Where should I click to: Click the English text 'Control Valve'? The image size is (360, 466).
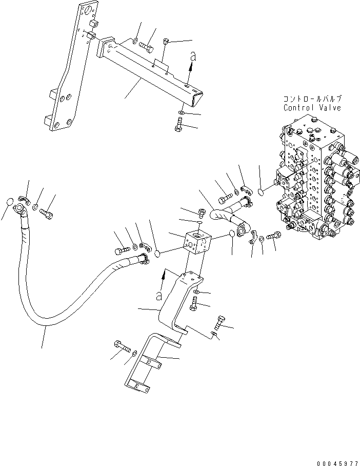tap(312, 108)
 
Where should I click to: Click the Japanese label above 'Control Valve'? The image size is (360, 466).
tap(312, 99)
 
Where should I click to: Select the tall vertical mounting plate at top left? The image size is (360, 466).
tap(67, 77)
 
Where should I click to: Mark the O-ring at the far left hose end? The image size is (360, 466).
tap(9, 201)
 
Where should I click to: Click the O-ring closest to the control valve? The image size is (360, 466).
tap(261, 191)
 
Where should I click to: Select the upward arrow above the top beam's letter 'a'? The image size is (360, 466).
tap(193, 58)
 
